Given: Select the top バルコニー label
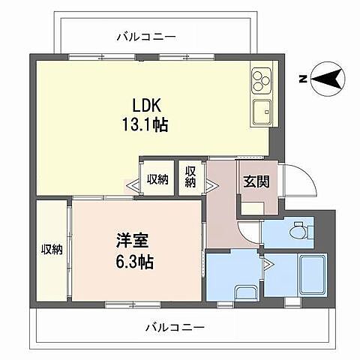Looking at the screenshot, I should pyautogui.click(x=146, y=36).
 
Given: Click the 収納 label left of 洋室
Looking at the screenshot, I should pyautogui.click(x=52, y=249).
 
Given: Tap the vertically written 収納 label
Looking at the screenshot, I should pyautogui.click(x=190, y=178).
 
